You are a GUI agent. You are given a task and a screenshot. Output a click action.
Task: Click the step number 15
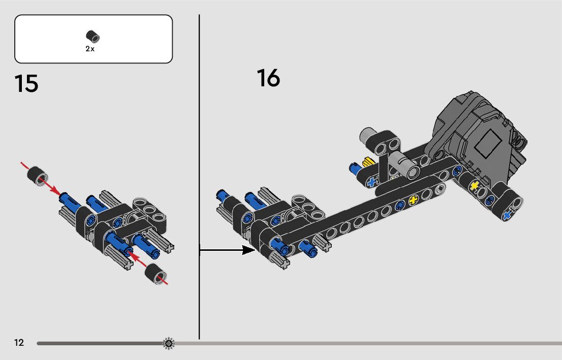coord(26,84)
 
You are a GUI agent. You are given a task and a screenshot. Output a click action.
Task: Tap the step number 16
coord(268,78)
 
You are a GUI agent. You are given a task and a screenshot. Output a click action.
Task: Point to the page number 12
coord(19,343)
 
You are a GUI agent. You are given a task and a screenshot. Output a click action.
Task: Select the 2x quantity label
coord(90,49)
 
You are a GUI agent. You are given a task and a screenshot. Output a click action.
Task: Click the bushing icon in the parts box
coord(93,37)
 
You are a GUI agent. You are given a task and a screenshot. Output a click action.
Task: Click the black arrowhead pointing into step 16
coord(248,249)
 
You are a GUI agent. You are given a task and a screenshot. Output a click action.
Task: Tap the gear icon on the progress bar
coord(169,344)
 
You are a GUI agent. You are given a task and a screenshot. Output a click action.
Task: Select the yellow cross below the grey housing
coord(474,186)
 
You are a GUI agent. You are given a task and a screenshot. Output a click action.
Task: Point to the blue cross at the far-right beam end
coord(506,216)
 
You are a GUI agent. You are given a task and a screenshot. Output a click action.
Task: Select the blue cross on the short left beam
coord(372,181)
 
